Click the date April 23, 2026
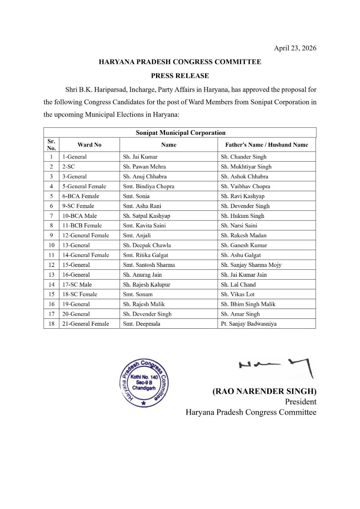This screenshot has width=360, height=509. [295, 48]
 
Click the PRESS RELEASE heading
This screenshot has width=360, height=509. [180, 76]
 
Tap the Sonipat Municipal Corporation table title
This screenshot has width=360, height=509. [180, 133]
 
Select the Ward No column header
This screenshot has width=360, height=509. [89, 145]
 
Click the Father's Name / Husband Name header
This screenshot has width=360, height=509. [266, 145]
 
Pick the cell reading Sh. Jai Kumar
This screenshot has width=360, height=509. [140, 157]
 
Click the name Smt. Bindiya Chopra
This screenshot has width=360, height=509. [149, 186]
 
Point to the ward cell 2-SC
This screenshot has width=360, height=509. [68, 167]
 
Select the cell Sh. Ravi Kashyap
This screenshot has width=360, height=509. [243, 196]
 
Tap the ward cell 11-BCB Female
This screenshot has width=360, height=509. [82, 226]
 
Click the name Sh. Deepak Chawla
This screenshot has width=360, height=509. [147, 245]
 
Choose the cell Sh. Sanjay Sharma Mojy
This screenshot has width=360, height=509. [251, 265]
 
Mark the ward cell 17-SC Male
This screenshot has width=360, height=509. [77, 285]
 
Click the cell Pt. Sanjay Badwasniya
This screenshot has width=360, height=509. [249, 324]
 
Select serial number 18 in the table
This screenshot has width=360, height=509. [51, 324]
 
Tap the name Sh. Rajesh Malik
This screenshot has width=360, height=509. [144, 304]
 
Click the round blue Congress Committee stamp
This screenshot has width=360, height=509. [144, 383]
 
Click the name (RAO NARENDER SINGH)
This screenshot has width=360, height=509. [264, 391]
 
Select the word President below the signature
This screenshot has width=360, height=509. [300, 402]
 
